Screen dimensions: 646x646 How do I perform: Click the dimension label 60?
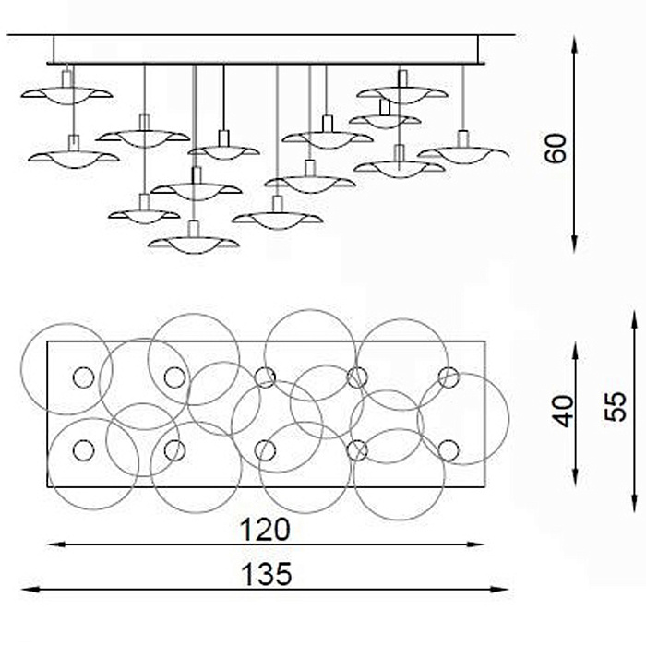click(x=556, y=147)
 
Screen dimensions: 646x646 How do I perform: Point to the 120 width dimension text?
click(x=265, y=529)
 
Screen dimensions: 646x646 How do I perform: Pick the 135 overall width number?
click(x=266, y=575)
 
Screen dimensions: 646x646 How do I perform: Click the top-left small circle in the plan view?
click(x=83, y=377)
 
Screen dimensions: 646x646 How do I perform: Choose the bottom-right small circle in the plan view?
click(x=449, y=450)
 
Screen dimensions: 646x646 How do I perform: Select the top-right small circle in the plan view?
click(x=449, y=377)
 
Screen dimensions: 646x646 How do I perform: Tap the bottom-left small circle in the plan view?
click(x=83, y=450)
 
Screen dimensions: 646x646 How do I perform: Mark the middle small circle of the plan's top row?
click(x=265, y=377)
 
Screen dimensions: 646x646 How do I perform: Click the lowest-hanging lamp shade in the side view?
click(x=193, y=245)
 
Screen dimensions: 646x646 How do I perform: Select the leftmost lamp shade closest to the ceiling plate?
click(x=66, y=93)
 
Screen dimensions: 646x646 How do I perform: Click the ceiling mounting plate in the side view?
click(x=268, y=49)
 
